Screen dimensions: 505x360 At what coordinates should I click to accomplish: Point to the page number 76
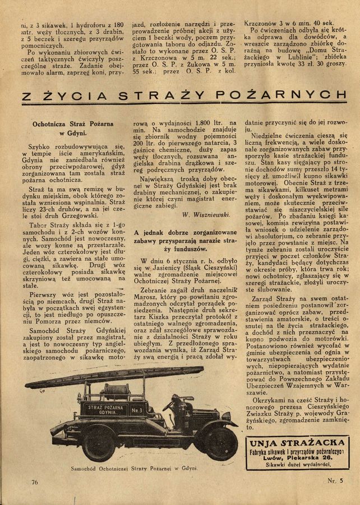35,482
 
